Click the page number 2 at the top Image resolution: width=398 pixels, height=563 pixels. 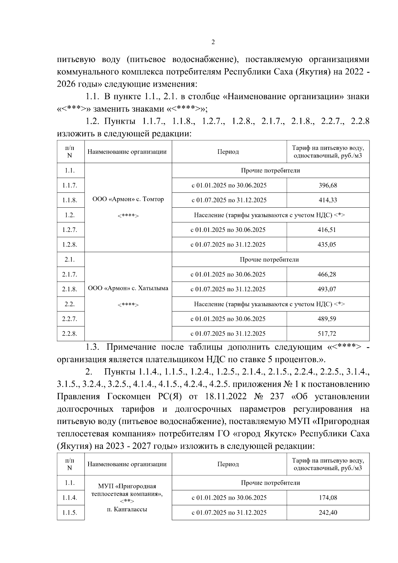[213, 42]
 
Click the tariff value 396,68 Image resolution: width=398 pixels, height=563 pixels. [328, 185]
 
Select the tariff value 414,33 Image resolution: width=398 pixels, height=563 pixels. [328, 200]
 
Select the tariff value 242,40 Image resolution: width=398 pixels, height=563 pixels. [328, 513]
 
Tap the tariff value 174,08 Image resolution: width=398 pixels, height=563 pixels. [328, 498]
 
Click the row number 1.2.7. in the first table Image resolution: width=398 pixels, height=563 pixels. [70, 230]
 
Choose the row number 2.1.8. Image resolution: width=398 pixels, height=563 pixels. [70, 289]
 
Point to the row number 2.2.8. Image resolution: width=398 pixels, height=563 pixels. [70, 334]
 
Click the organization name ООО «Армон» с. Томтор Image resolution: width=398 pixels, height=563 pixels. [128, 199]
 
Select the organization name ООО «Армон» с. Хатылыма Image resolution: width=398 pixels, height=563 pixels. [128, 288]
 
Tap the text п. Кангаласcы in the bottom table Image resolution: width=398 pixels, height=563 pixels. [127, 509]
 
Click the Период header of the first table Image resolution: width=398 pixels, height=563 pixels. [228, 152]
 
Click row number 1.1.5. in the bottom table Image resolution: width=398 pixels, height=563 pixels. [70, 513]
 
